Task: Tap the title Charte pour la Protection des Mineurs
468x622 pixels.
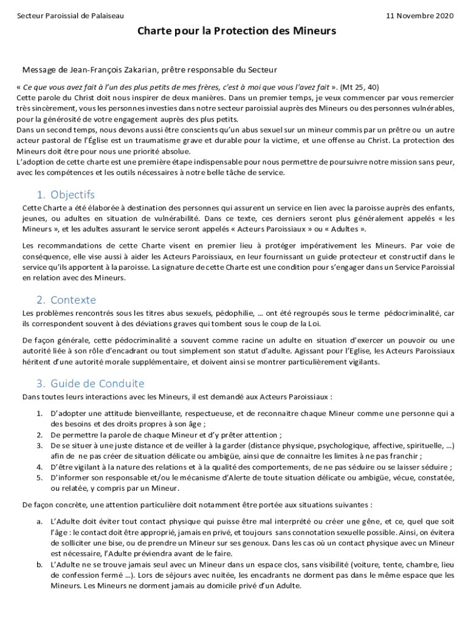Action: [x=236, y=30]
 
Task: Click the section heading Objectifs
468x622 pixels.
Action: [x=73, y=195]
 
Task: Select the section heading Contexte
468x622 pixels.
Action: [x=74, y=300]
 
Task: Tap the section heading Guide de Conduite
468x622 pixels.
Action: [x=97, y=383]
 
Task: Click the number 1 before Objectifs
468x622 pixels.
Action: [x=40, y=195]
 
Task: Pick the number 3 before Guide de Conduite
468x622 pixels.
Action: [x=40, y=383]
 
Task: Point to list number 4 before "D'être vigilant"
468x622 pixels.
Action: [x=39, y=467]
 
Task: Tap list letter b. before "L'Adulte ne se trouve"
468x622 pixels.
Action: [x=39, y=564]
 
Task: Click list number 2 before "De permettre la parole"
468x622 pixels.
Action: [x=39, y=435]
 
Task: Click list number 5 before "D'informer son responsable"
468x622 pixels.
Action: [x=39, y=478]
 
